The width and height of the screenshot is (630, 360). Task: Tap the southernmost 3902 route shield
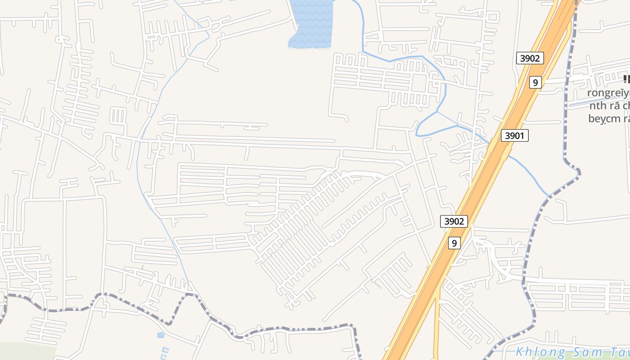point(454,221)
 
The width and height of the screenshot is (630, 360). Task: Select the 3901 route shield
point(515,135)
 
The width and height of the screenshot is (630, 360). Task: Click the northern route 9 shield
point(535,82)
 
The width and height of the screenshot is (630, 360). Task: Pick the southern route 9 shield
point(454,243)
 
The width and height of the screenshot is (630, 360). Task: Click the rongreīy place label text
point(607,93)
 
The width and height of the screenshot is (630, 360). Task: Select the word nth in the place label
point(599,106)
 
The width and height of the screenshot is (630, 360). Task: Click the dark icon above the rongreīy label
point(626,80)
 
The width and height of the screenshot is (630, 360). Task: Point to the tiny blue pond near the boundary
point(161,335)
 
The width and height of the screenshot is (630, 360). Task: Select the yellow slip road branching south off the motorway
point(436,324)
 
